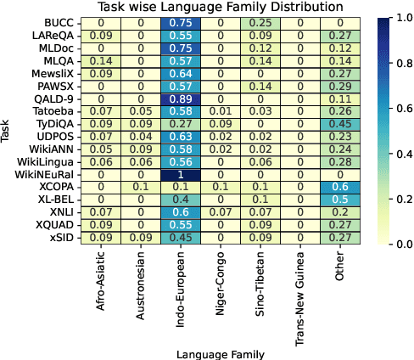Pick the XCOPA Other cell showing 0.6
click(339, 186)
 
